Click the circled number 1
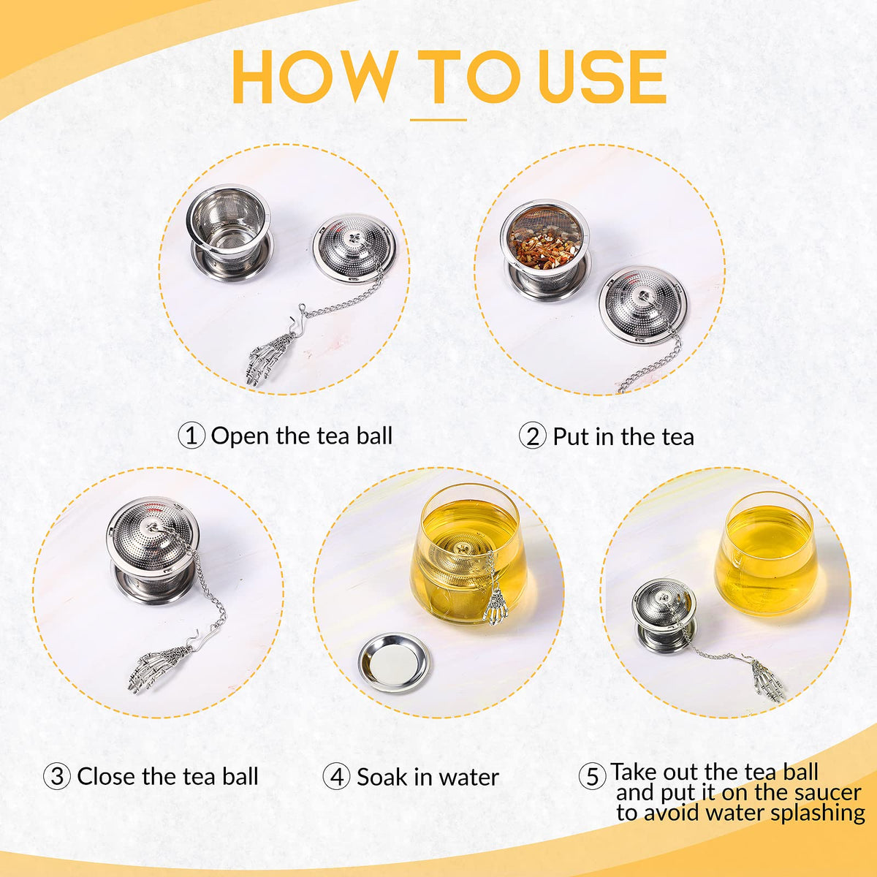(191, 436)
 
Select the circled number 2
(533, 436)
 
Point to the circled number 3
(57, 776)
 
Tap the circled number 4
(336, 776)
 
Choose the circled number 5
(592, 776)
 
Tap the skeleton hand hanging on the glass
(493, 604)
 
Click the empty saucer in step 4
(394, 663)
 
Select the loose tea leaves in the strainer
(546, 248)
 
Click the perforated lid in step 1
(354, 248)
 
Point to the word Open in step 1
(240, 437)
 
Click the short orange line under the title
(438, 120)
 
